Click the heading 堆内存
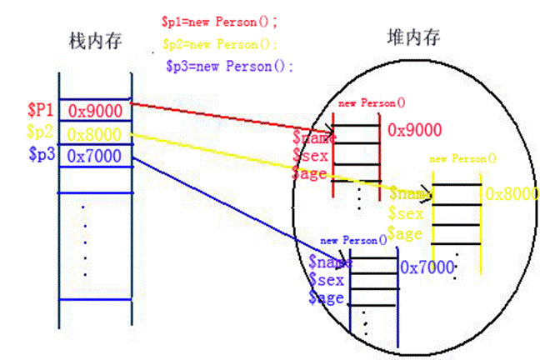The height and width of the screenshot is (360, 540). point(413,38)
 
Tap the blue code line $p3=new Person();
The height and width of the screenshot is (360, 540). point(229,67)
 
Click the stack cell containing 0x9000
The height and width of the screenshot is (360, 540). point(95,110)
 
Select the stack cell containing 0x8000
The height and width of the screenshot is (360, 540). point(95,133)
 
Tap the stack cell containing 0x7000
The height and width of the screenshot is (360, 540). point(95,155)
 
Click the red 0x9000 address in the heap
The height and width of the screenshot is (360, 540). point(414,130)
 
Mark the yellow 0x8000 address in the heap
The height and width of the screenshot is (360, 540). point(512,194)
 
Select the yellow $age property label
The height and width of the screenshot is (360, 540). point(405,234)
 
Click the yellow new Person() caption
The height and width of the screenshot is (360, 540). point(462,157)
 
